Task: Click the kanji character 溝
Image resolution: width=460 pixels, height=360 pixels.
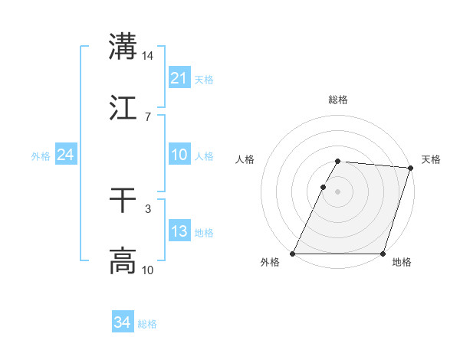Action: coord(123,47)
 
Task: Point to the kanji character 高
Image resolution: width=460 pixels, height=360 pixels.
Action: coord(123,260)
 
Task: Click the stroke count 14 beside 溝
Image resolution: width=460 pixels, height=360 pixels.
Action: coord(148,56)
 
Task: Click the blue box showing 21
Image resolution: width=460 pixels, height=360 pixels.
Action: coord(179,78)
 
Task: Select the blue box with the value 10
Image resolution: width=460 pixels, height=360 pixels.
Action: coord(179,154)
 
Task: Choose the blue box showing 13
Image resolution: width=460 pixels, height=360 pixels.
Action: coord(179,231)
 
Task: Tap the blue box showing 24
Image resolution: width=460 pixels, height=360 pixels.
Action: coord(65,155)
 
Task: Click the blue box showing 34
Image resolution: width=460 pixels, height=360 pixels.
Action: coord(122,323)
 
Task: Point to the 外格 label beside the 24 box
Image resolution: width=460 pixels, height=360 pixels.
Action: coord(41,155)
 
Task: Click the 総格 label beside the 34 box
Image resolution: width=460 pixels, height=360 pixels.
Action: coord(147,324)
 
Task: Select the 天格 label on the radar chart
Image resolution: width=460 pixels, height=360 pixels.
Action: coord(431,159)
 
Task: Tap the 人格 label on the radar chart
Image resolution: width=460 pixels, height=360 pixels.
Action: coord(245,159)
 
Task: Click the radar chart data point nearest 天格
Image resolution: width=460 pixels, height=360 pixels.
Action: coord(410,168)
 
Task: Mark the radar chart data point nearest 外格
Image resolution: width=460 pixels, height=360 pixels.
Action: coord(293,254)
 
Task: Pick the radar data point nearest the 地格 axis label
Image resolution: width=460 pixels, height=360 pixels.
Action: coord(383,254)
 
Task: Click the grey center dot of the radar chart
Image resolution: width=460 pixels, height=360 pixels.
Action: coord(337,191)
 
